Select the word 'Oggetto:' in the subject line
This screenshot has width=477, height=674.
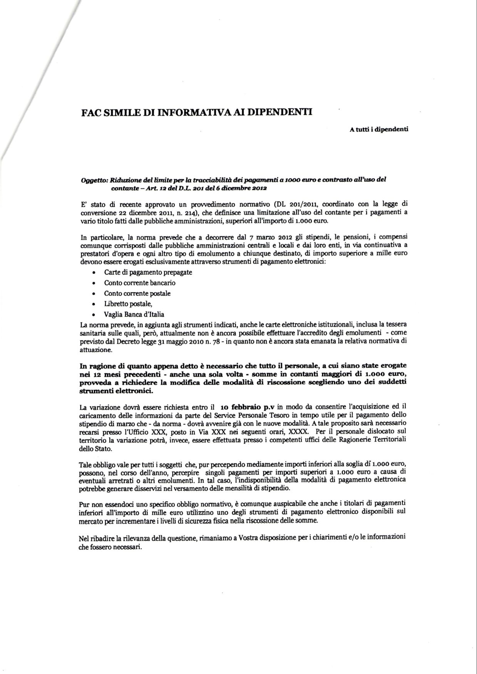94,180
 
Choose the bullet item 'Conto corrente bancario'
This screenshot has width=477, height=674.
140,283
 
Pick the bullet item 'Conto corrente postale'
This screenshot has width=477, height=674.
137,293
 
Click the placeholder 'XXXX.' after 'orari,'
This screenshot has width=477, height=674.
299,431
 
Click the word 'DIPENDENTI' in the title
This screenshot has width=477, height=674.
279,112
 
